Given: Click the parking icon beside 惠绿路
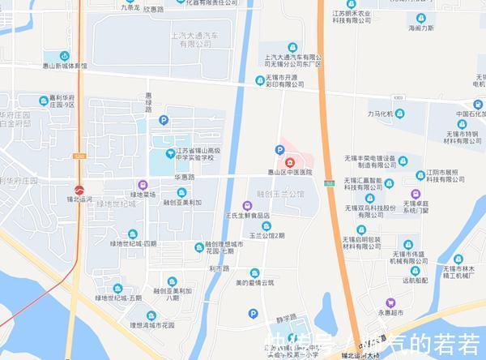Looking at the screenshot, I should click(x=164, y=120).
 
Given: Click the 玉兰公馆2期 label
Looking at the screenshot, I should click(x=266, y=236).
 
